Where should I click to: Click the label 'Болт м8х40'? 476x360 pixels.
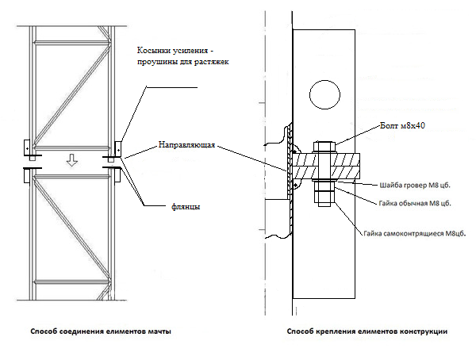tap(402, 125)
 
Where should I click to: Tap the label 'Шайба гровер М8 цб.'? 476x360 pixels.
tap(415, 186)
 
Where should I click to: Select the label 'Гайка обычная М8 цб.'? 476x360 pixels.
tap(415, 203)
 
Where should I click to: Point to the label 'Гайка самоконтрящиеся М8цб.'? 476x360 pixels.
tap(415, 233)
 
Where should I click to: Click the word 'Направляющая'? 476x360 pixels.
tap(186, 145)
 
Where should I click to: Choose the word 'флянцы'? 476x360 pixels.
tap(186, 207)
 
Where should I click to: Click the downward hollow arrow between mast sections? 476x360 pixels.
tap(72, 159)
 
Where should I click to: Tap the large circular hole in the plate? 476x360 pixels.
tap(324, 94)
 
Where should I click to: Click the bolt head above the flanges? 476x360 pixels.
tap(324, 147)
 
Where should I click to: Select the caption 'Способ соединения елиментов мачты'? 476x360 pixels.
tap(101, 331)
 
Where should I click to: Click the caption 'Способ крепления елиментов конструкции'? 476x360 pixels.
tap(367, 331)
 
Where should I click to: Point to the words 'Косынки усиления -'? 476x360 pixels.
tap(175, 51)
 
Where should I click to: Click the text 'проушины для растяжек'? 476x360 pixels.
tap(182, 62)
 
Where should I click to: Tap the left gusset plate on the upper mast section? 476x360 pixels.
tap(27, 147)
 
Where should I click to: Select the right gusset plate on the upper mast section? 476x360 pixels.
tap(117, 149)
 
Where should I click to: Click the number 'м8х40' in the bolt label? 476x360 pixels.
tap(413, 125)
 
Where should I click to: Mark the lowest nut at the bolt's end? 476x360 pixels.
tap(324, 199)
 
